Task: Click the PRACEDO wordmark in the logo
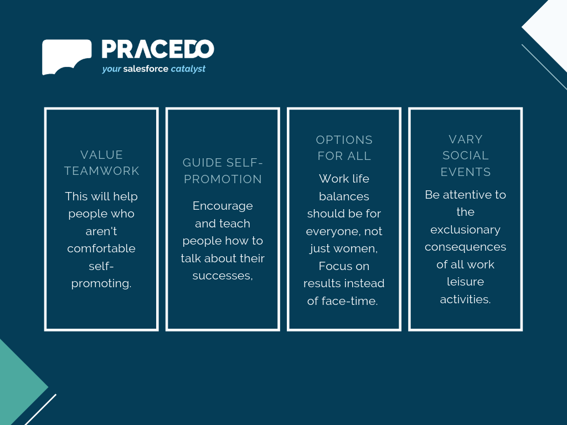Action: (x=158, y=49)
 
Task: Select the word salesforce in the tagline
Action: (x=146, y=69)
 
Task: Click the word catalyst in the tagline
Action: (x=188, y=69)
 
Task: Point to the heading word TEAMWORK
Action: (x=102, y=171)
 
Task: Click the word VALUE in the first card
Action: (x=102, y=155)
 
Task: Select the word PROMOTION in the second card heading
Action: (x=223, y=179)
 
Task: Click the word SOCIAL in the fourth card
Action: (x=465, y=156)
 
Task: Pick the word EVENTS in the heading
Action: (x=465, y=172)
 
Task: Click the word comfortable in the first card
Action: (x=101, y=248)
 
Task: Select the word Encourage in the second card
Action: (x=223, y=206)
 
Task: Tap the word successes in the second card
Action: (x=221, y=276)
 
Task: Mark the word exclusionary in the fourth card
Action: (x=465, y=230)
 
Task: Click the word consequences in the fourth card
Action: (x=465, y=247)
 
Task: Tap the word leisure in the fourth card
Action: (x=465, y=282)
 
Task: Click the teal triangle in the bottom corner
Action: (x=16, y=387)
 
